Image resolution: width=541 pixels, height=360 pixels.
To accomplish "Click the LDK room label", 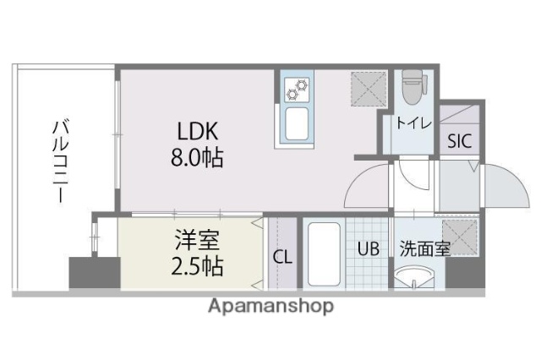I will (x=198, y=132).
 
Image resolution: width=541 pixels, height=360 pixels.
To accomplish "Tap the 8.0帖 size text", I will (x=199, y=158).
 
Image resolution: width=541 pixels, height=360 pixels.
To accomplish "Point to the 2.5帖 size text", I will (x=194, y=267).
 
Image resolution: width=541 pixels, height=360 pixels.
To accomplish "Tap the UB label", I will (x=368, y=249).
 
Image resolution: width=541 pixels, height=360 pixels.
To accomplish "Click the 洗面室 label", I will (x=424, y=249).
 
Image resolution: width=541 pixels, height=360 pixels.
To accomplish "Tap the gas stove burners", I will (x=298, y=87).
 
